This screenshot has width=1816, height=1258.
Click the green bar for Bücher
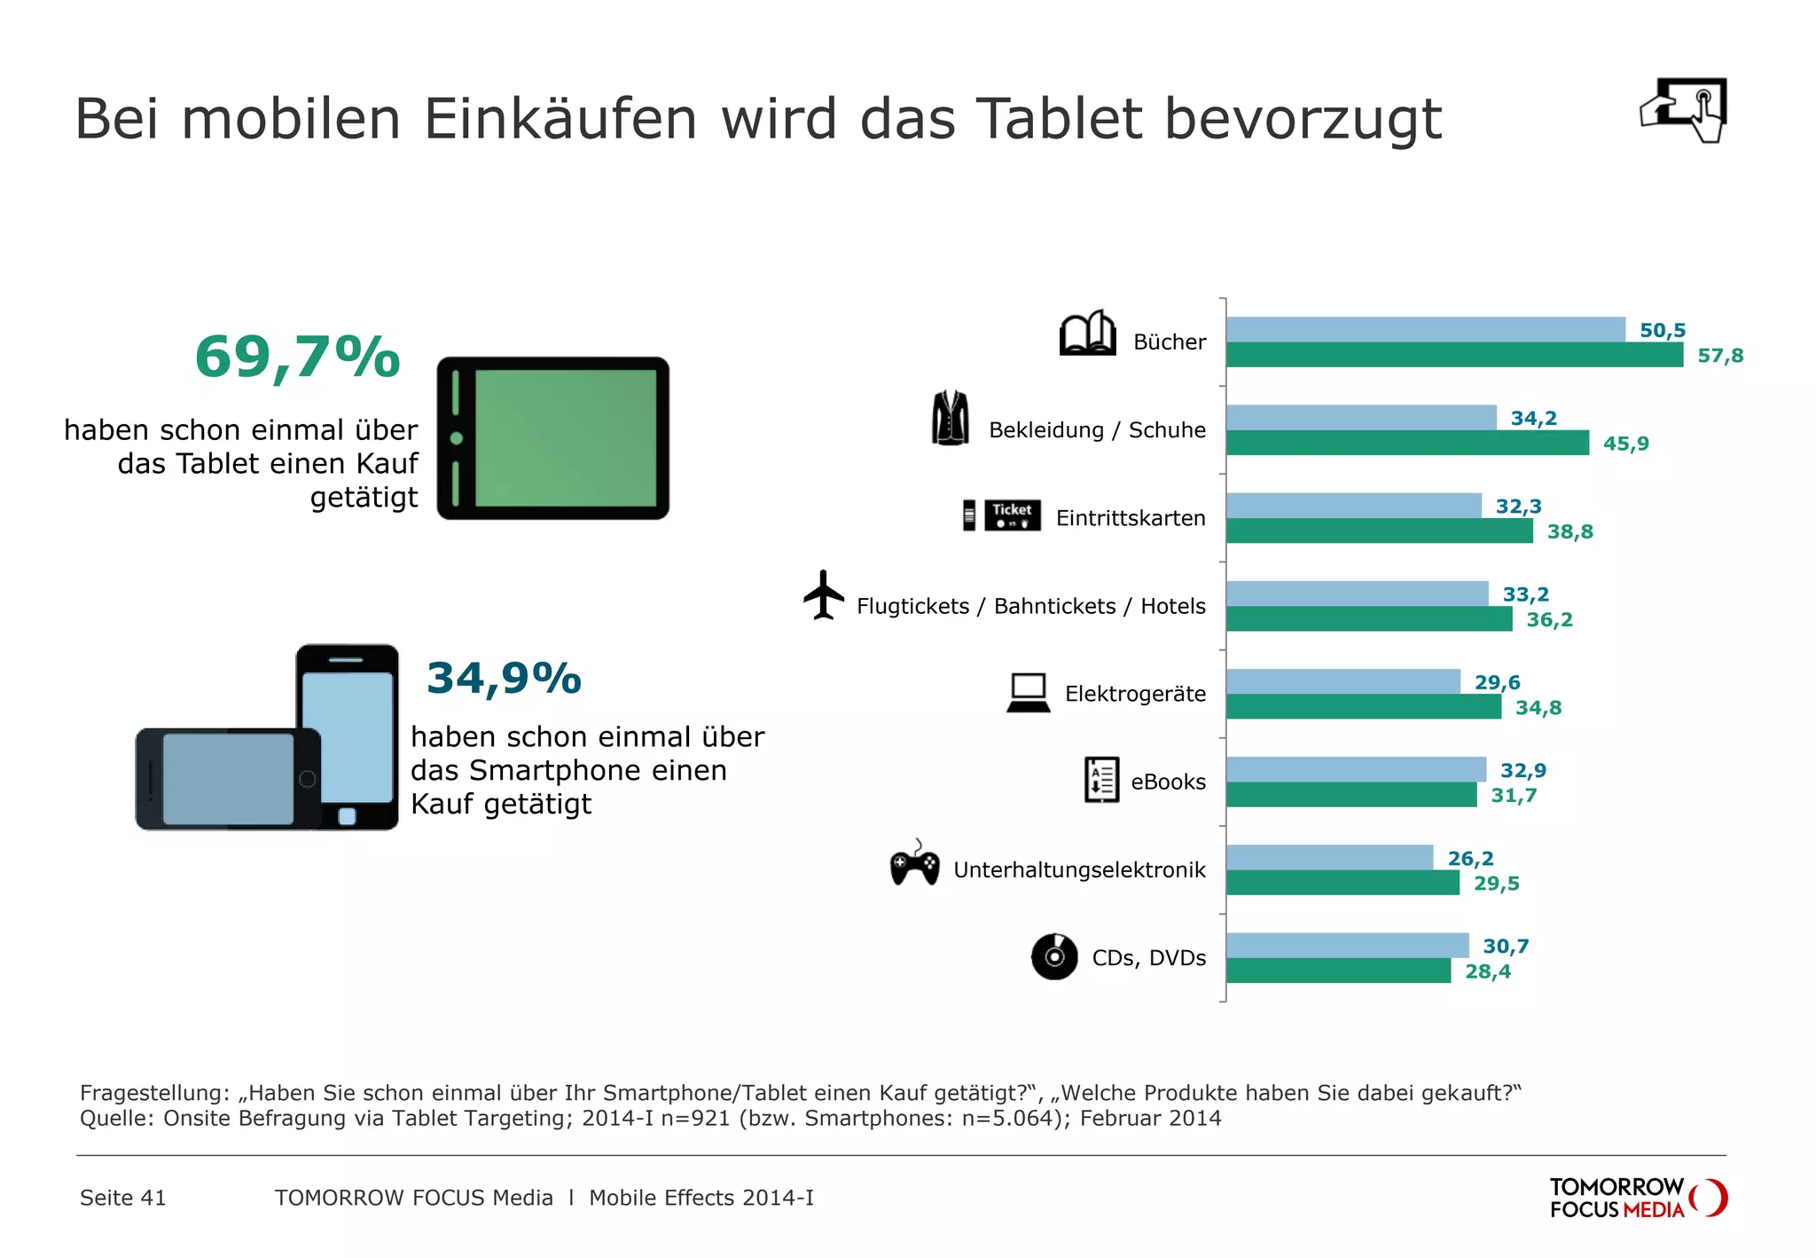(x=1454, y=355)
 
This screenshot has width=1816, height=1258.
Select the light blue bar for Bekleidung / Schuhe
(x=1361, y=417)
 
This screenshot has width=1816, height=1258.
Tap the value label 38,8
(x=1569, y=531)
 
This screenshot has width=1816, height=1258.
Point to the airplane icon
(x=824, y=594)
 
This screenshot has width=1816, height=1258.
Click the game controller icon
(x=914, y=864)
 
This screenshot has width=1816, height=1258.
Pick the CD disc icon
(x=1054, y=956)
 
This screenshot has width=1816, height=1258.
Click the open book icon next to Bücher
(x=1087, y=334)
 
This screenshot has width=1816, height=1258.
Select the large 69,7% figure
(x=297, y=357)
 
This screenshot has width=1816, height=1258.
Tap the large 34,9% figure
(x=504, y=678)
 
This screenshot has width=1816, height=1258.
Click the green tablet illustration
(x=553, y=438)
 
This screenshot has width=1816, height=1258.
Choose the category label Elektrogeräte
(x=1135, y=694)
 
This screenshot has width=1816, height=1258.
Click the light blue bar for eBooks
(x=1356, y=769)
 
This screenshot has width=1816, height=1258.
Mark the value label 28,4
(x=1487, y=971)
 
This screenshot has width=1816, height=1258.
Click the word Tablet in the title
(x=1061, y=119)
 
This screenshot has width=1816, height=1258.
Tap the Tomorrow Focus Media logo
(x=1637, y=1198)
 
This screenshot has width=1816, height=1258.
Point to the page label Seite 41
(x=123, y=1198)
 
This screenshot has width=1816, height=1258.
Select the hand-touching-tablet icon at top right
(x=1684, y=109)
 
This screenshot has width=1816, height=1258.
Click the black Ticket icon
(x=1012, y=515)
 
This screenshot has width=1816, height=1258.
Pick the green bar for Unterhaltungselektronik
(x=1342, y=883)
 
